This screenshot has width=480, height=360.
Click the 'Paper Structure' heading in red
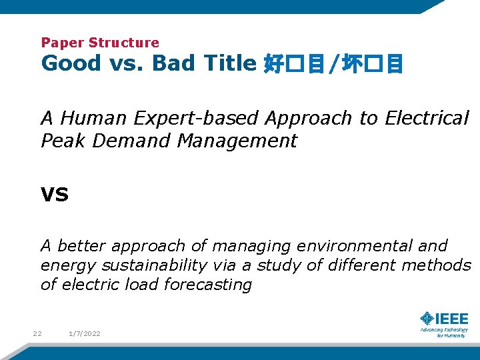(x=100, y=43)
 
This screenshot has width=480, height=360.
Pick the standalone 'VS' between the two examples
(x=55, y=195)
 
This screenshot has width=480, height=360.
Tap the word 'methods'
(x=437, y=265)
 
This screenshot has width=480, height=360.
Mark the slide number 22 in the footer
(x=37, y=333)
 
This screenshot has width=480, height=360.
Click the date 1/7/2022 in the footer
(x=84, y=333)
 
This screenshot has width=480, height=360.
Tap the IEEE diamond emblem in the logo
(x=426, y=319)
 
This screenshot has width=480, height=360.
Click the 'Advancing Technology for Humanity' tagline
(x=444, y=332)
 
